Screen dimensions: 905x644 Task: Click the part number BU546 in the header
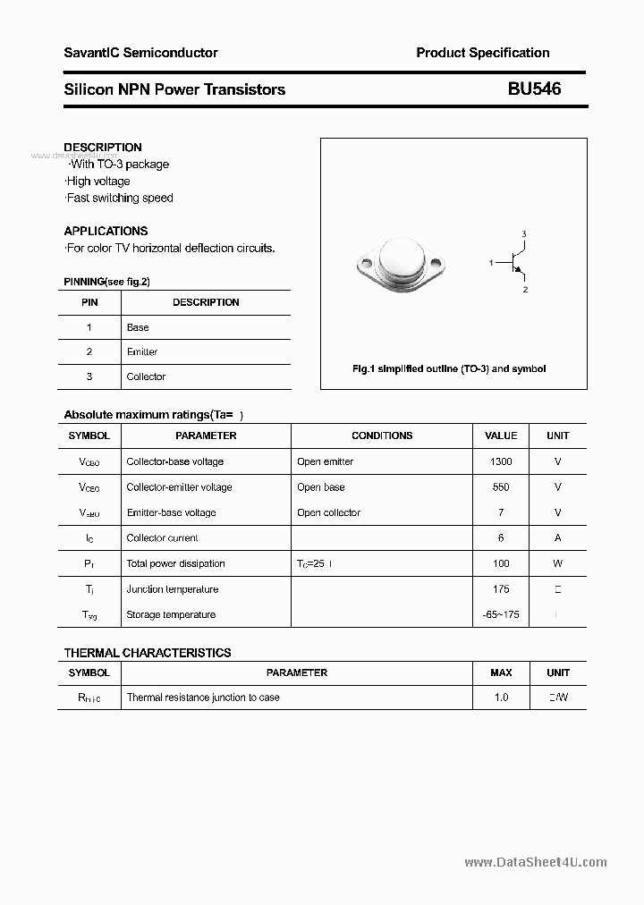pyautogui.click(x=534, y=89)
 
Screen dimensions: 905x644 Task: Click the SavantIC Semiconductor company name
pyautogui.click(x=140, y=53)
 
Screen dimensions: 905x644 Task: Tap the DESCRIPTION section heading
pyautogui.click(x=103, y=148)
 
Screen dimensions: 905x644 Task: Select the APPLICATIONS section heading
pyautogui.click(x=106, y=231)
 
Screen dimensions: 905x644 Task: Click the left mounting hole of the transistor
pyautogui.click(x=365, y=264)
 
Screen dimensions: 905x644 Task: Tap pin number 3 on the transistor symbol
pyautogui.click(x=524, y=234)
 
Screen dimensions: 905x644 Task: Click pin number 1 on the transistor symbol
pyautogui.click(x=491, y=262)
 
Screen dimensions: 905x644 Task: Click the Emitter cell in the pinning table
pyautogui.click(x=142, y=352)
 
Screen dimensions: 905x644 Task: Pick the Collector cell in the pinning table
pyautogui.click(x=146, y=377)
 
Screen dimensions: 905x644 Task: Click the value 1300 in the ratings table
pyautogui.click(x=501, y=461)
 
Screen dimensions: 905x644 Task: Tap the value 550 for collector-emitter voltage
pyautogui.click(x=501, y=487)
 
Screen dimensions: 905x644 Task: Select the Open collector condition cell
pyautogui.click(x=328, y=512)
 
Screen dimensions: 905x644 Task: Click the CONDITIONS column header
pyautogui.click(x=382, y=436)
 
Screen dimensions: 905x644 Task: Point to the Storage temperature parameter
pyautogui.click(x=171, y=614)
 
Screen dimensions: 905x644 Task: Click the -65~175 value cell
pyautogui.click(x=501, y=614)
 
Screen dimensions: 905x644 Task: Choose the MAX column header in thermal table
pyautogui.click(x=501, y=672)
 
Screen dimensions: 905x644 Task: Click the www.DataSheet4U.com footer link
pyautogui.click(x=536, y=862)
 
